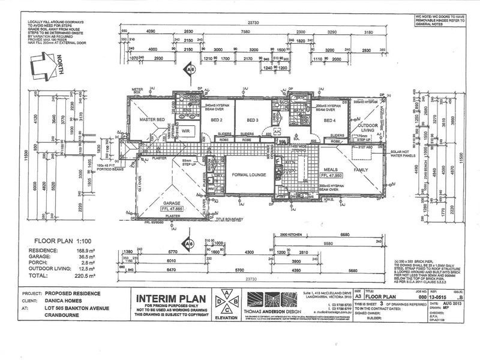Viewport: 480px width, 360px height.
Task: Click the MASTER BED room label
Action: (152, 119)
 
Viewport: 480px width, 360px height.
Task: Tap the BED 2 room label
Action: (217, 119)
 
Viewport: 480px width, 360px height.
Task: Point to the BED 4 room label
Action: (329, 120)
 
